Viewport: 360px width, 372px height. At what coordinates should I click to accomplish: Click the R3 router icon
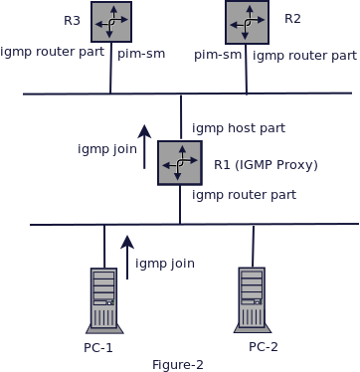111,22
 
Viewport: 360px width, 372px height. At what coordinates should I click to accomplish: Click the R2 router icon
247,22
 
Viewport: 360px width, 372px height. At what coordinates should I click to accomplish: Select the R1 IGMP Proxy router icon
179,162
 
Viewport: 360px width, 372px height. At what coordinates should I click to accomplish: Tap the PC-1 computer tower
104,299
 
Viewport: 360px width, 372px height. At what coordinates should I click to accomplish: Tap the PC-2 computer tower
252,299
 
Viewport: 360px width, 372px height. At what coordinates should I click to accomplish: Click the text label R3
72,21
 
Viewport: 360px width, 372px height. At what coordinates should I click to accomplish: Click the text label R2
292,19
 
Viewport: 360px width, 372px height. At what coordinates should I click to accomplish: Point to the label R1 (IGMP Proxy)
266,165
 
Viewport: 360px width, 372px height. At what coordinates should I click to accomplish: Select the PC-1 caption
98,347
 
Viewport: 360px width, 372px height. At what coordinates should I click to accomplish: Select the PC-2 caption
264,346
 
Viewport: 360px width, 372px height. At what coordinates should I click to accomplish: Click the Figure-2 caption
178,365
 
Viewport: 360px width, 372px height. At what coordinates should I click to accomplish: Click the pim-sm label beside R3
141,54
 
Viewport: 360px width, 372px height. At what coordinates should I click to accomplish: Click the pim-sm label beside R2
218,55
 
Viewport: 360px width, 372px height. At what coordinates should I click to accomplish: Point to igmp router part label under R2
304,56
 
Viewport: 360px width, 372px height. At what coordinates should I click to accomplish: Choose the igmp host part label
239,128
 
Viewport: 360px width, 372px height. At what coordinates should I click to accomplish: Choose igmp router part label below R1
244,195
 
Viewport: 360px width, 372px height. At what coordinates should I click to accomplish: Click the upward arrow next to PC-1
127,257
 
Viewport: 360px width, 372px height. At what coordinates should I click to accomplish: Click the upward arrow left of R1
145,146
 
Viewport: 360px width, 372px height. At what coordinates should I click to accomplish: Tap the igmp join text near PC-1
165,264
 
